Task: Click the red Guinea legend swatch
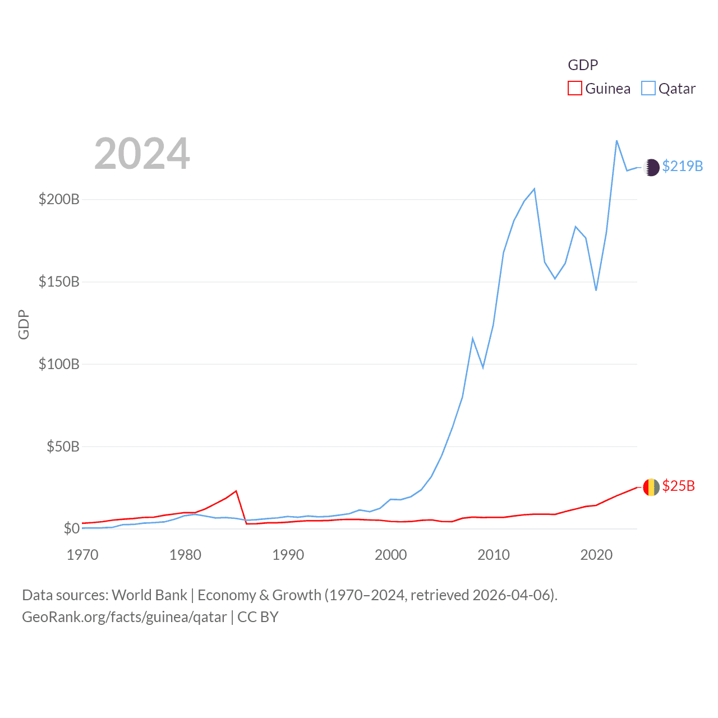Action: coord(574,89)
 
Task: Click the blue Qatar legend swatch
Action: coord(648,89)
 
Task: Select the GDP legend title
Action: coord(583,65)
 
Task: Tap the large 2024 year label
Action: coord(142,154)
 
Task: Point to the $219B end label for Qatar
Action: coord(682,167)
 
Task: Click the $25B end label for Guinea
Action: coord(678,486)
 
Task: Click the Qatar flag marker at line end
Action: coord(651,167)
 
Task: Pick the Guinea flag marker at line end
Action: coord(651,487)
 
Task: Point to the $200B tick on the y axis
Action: coord(59,200)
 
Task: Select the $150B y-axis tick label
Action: coord(59,282)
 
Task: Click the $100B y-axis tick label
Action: coord(59,365)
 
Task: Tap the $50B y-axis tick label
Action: coord(63,447)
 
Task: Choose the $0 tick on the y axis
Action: coord(71,529)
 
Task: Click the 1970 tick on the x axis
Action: coord(82,555)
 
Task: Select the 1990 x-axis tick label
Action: coord(288,555)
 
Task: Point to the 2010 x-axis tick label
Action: coord(494,555)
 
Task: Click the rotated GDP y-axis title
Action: coord(24,324)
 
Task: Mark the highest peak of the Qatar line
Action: coord(616,141)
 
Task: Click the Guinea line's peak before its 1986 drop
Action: coord(236,491)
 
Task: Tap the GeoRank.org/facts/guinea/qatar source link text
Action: coord(125,617)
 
